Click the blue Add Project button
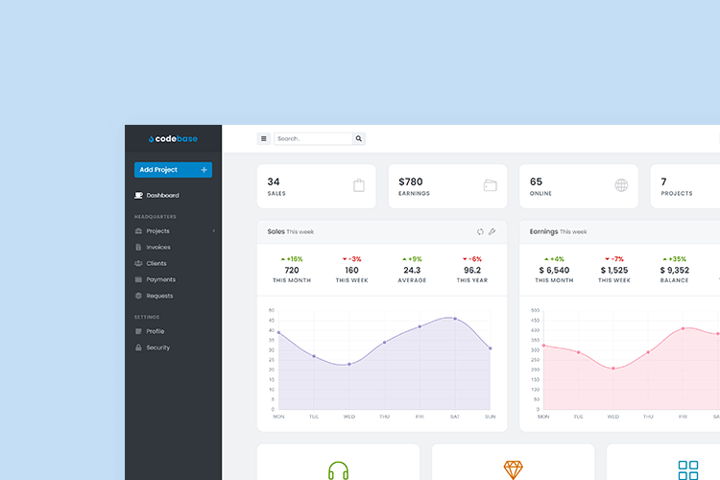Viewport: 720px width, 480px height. point(173,170)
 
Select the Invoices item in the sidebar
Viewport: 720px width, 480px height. point(158,248)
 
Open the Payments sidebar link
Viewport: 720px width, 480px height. point(160,279)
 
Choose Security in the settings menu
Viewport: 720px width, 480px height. point(157,348)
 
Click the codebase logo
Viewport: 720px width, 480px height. point(173,139)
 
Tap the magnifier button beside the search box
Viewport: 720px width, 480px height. point(359,139)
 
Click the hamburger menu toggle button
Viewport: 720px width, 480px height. point(264,139)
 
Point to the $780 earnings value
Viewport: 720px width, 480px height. point(411,181)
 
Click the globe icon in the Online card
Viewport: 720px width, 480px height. point(621,185)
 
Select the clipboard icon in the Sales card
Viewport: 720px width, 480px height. point(359,185)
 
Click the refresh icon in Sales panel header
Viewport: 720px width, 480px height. point(481,231)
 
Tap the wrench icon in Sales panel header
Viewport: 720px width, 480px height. point(492,231)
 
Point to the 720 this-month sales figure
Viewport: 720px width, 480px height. point(292,270)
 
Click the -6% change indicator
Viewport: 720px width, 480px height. point(472,259)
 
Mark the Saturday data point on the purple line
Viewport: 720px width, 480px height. point(455,319)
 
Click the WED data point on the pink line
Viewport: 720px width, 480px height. point(613,369)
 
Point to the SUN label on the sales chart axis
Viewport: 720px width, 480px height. point(490,417)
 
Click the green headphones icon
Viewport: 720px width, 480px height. point(338,471)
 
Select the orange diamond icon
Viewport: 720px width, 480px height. point(514,470)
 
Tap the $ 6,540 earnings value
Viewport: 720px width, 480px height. point(554,270)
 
